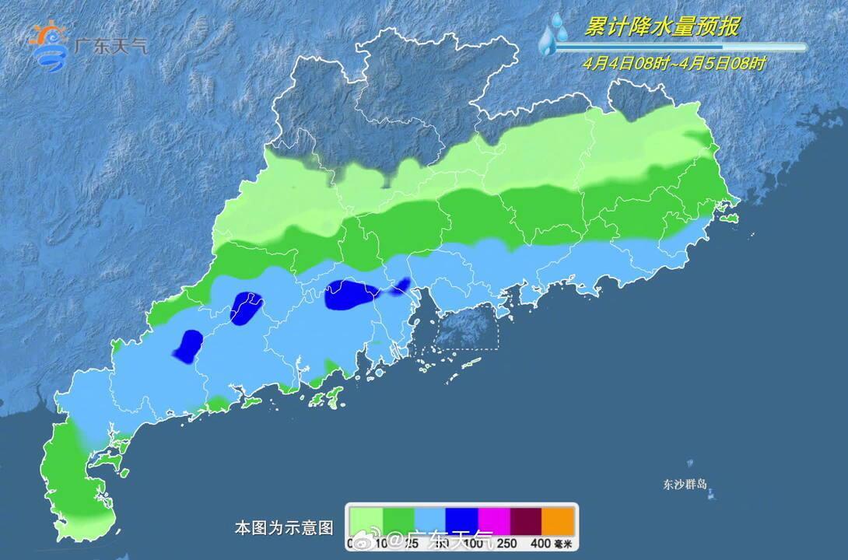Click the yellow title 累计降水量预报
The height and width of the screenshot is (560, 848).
tap(661, 27)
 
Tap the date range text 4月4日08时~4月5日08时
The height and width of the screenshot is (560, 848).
tap(674, 64)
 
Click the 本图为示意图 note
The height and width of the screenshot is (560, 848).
tap(284, 528)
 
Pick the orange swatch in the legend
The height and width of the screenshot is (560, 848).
tap(558, 519)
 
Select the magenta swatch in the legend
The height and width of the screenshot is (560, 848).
tap(493, 519)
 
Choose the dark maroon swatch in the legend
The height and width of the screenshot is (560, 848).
tap(526, 519)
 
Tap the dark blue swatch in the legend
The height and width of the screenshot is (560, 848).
tap(461, 519)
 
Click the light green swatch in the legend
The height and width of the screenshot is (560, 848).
tap(365, 519)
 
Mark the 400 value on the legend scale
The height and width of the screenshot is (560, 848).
tap(541, 543)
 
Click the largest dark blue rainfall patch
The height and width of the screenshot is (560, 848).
tap(350, 296)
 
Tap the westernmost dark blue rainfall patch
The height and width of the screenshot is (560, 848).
tap(188, 346)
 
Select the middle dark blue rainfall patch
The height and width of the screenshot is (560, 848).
tap(247, 307)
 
